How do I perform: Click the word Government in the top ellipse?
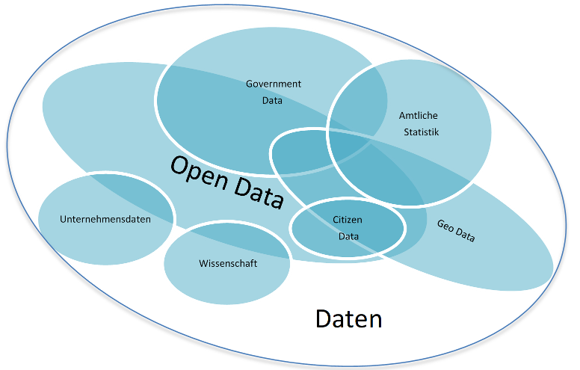[x=274, y=84]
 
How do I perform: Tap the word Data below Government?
[x=272, y=100]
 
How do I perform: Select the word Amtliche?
[x=419, y=116]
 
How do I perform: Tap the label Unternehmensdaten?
[x=105, y=219]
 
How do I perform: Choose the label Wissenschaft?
[x=228, y=263]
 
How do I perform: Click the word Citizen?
[x=348, y=219]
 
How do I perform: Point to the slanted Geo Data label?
[x=456, y=232]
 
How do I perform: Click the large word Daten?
[x=349, y=319]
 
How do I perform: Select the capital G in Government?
[x=250, y=84]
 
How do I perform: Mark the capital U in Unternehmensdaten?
[x=63, y=219]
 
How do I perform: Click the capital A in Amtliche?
[x=402, y=116]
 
